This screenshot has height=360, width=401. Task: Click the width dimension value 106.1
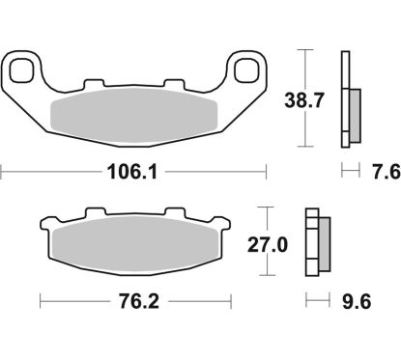(x=135, y=175)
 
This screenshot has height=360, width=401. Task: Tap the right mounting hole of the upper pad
(x=247, y=69)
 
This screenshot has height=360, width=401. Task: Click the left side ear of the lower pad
(x=45, y=230)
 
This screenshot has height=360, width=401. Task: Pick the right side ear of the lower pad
(x=225, y=230)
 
